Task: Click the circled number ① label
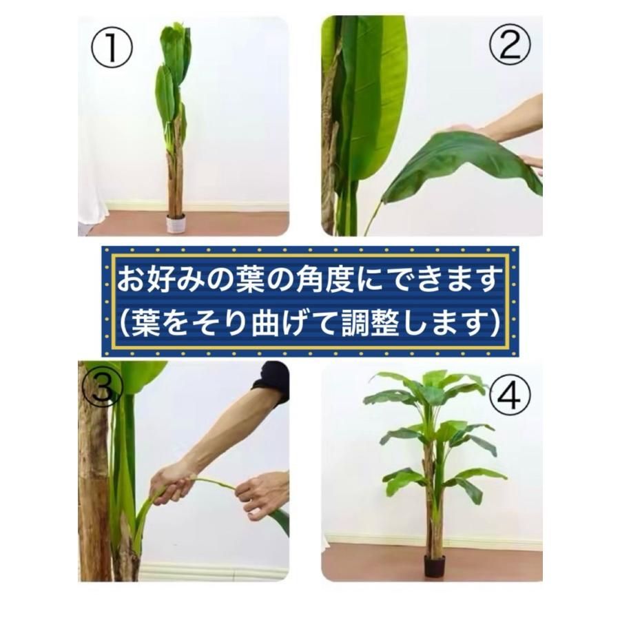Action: [112, 49]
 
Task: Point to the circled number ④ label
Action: [510, 396]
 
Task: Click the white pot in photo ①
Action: [176, 224]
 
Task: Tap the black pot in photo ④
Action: [434, 566]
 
